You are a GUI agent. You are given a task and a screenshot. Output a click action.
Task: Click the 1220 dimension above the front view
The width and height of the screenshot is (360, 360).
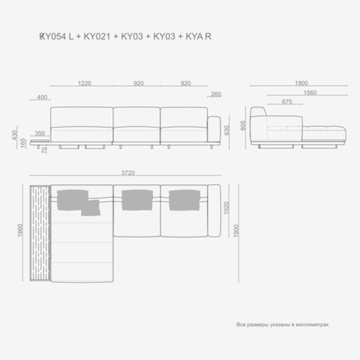click(x=84, y=83)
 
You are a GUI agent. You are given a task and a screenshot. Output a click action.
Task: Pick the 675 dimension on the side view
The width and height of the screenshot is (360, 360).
click(x=286, y=101)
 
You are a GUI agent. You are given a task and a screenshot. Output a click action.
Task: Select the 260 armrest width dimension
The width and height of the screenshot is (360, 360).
click(x=216, y=94)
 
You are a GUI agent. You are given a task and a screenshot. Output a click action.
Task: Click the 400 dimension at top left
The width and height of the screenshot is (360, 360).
click(x=43, y=98)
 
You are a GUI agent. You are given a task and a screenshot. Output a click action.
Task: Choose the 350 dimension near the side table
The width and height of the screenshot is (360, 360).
click(x=39, y=133)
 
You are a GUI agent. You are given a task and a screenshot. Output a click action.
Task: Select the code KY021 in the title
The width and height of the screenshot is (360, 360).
click(x=98, y=37)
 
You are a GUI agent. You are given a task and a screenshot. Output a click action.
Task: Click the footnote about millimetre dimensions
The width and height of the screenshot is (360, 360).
click(x=282, y=325)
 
